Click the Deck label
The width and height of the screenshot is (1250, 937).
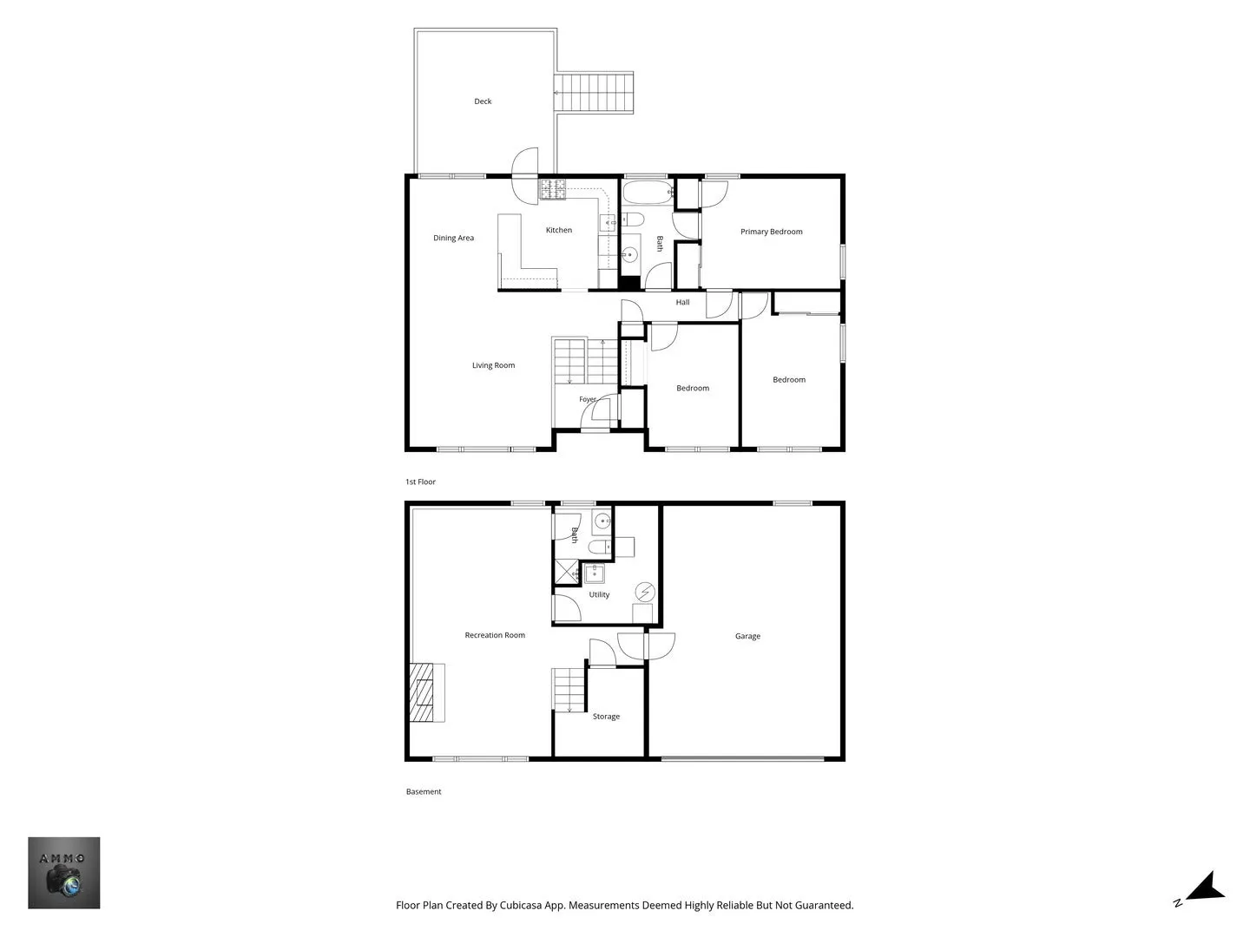click(x=483, y=102)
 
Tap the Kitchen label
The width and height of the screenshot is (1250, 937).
click(x=559, y=230)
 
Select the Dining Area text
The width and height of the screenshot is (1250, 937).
click(x=453, y=238)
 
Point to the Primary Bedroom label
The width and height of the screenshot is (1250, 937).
click(x=771, y=232)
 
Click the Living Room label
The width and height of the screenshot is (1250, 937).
click(x=493, y=365)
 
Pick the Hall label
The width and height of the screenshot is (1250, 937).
click(x=682, y=302)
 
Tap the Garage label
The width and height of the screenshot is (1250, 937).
click(x=747, y=636)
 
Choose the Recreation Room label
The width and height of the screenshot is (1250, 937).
click(x=494, y=635)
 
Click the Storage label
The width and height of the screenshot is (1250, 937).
click(x=606, y=717)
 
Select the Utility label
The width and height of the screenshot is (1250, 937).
click(x=599, y=594)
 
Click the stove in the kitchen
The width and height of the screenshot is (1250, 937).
click(x=553, y=189)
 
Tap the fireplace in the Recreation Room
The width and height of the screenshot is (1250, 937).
click(x=427, y=692)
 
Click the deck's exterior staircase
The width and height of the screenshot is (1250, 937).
click(x=594, y=93)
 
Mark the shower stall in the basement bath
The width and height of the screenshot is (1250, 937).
click(x=566, y=572)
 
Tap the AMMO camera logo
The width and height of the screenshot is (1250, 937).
click(x=63, y=873)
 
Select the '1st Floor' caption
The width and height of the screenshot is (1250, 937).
click(x=420, y=482)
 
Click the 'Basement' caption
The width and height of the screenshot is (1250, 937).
click(x=424, y=791)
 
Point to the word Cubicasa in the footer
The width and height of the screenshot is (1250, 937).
click(x=521, y=905)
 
